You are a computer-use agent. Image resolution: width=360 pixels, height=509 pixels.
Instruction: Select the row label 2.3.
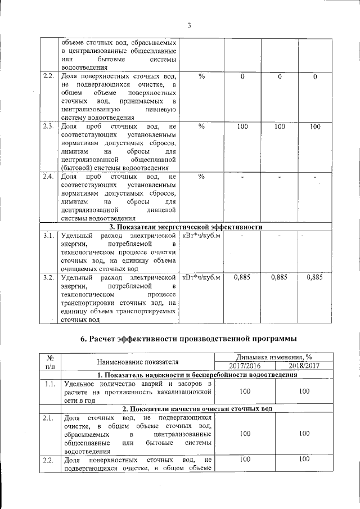pos(49,127)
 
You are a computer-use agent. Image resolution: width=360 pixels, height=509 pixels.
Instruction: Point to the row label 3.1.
pos(49,236)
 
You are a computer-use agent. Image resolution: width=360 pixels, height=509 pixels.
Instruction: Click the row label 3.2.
pos(49,277)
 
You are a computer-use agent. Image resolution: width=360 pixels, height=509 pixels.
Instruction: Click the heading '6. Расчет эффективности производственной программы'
pos(188,338)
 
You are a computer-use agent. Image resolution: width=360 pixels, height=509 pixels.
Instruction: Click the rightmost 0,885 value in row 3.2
pos(315,277)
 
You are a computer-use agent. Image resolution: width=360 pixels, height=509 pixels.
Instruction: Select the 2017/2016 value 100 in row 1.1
pos(245,391)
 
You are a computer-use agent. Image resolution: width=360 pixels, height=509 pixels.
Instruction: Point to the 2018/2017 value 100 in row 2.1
pos(304,434)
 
